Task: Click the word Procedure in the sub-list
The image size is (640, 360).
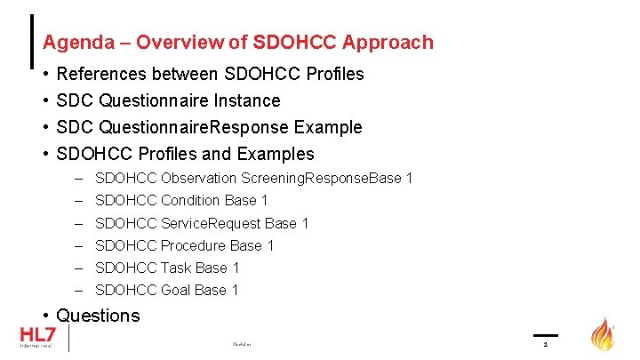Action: point(193,245)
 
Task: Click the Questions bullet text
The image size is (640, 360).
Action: point(98,316)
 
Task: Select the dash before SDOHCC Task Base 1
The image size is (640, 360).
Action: point(79,268)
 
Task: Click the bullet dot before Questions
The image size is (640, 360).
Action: point(45,316)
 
